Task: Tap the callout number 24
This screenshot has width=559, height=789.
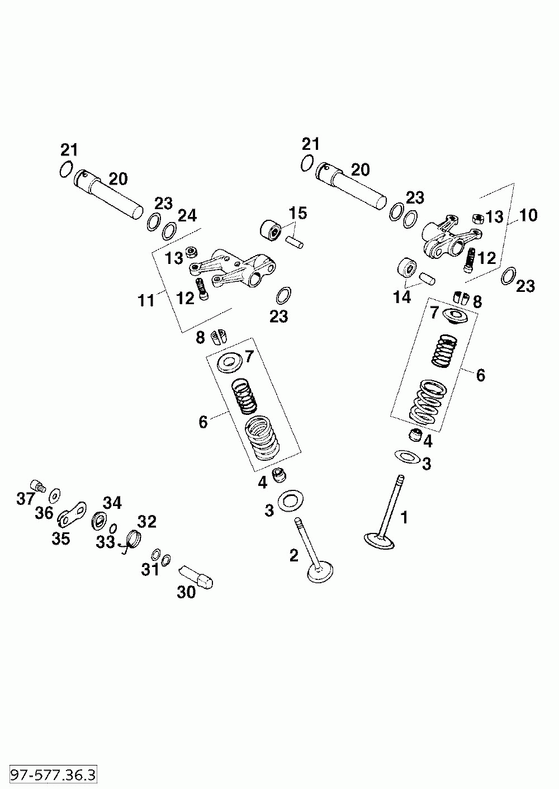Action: pos(187,216)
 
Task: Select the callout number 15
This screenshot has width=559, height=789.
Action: pos(298,213)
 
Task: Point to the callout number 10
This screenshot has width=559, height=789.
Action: pos(528,215)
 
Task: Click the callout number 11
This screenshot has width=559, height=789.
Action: pos(146,300)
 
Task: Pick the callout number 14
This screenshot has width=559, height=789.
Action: pos(402,297)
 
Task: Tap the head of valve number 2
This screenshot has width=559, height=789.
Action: pos(320,573)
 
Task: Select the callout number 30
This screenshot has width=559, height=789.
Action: pos(186,592)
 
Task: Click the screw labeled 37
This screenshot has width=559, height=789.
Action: pos(39,486)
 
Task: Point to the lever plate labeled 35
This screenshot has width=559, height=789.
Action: pos(72,514)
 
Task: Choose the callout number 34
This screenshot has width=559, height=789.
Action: pos(112,503)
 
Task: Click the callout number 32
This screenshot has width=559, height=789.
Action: pos(146,521)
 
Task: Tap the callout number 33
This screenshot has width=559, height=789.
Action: pos(106,542)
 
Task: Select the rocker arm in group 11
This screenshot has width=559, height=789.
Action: pos(233,268)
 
